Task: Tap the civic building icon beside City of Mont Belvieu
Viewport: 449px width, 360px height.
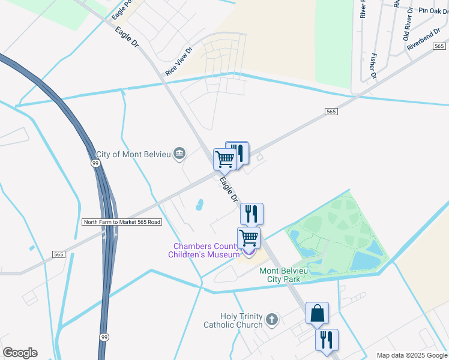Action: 179,154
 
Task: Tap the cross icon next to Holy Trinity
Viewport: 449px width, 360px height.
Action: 272,319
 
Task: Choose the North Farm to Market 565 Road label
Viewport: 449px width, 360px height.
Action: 122,222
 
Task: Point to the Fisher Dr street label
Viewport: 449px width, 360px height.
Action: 373,67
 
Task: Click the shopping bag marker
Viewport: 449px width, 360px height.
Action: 317,313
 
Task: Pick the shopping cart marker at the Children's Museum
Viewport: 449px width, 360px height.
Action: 249,238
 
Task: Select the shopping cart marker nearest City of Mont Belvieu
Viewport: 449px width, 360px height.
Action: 224,160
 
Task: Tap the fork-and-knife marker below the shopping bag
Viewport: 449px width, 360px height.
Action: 327,340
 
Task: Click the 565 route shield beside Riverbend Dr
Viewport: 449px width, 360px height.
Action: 439,46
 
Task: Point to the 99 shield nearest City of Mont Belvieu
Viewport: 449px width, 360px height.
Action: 95,163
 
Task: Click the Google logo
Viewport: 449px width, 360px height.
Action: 20,353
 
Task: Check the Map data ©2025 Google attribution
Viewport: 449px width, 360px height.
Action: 412,355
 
